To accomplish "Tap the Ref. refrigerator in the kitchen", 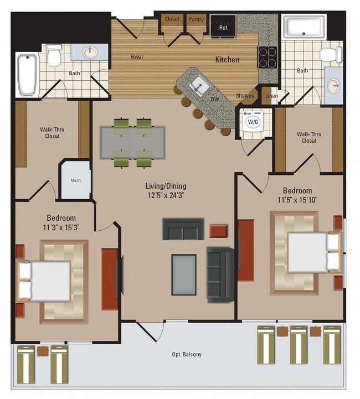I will pyautogui.click(x=224, y=27).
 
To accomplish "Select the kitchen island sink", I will pyautogui.click(x=198, y=86).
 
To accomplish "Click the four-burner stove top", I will pyautogui.click(x=267, y=57).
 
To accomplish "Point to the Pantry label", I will pyautogui.click(x=196, y=19).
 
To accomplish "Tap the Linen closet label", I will pyautogui.click(x=271, y=96).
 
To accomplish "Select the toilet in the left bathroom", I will pyautogui.click(x=54, y=55).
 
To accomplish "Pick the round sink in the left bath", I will pyautogui.click(x=91, y=53).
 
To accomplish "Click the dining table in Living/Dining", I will pyautogui.click(x=133, y=142).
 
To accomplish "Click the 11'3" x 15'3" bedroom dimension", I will pyautogui.click(x=61, y=227).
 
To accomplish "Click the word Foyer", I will pyautogui.click(x=137, y=57).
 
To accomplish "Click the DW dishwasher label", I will pyautogui.click(x=214, y=100).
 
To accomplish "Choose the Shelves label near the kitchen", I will pyautogui.click(x=245, y=96).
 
